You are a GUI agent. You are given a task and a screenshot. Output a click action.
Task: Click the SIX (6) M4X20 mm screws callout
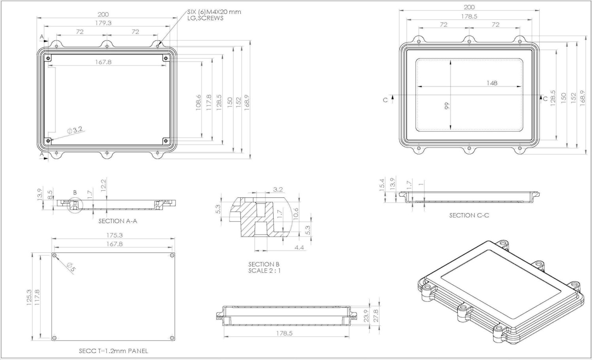coord(214,15)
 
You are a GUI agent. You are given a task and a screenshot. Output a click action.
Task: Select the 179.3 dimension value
coord(103,23)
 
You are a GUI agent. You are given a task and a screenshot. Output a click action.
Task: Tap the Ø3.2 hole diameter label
coord(75,130)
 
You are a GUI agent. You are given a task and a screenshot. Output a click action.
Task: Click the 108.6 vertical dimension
coord(198,103)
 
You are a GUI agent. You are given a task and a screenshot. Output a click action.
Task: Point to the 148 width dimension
coord(492,83)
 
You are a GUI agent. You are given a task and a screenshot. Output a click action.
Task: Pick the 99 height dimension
coord(447,106)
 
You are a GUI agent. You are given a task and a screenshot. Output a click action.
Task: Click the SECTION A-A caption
coord(118,221)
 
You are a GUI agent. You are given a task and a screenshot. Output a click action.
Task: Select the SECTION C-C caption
coord(469,215)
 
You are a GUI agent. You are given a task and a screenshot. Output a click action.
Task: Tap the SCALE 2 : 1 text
coord(264,271)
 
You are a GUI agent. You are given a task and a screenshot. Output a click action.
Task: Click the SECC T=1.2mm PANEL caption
coord(113,351)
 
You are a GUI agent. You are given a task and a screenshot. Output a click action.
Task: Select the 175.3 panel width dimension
coord(115,235)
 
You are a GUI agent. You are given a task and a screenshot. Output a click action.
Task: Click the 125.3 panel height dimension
coord(29,297)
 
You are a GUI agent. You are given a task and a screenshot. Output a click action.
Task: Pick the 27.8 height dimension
coord(376,316)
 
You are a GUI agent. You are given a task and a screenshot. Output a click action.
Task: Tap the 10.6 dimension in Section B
coord(296,214)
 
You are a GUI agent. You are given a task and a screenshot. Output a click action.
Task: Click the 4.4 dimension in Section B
coord(299,247)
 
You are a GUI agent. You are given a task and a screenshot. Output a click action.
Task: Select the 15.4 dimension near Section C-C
coord(382,185)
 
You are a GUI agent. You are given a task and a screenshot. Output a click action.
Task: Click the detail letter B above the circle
coord(75,193)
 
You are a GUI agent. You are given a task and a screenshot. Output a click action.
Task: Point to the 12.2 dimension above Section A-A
coord(103,185)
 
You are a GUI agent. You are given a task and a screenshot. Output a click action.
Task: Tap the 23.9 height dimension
coord(366,316)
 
